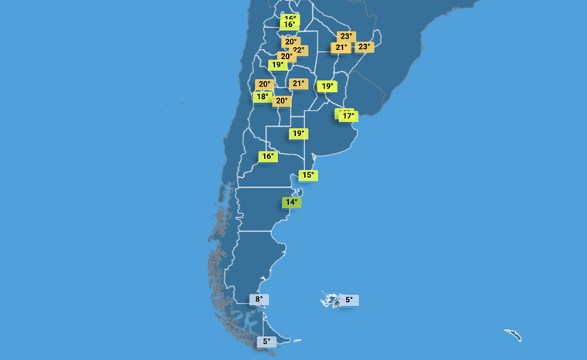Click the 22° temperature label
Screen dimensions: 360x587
pos(299,50)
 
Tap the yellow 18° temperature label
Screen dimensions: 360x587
pos(262,97)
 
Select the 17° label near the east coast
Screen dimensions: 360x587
pos(348,117)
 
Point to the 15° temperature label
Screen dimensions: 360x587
pos(307,175)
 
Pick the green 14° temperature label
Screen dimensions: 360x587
pos(290,203)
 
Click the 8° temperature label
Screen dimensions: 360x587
pos(260,300)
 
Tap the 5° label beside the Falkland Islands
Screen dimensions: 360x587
pos(348,300)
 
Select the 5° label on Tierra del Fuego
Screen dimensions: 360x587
pos(266,341)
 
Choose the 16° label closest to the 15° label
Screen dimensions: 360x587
pos(267,157)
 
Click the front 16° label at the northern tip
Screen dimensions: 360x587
pos(289,25)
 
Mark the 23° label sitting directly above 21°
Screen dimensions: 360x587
pos(346,36)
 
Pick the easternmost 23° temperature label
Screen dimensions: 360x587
pos(364,47)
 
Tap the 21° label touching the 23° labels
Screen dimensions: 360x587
pos(341,48)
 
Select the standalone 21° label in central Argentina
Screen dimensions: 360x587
pos(299,83)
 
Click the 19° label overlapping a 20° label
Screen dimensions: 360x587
pos(277,65)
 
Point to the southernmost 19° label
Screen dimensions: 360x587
pos(298,134)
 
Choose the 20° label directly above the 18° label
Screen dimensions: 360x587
pos(264,84)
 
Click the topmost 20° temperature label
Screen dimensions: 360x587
pos(290,42)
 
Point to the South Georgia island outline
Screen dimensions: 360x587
pos(513,335)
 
